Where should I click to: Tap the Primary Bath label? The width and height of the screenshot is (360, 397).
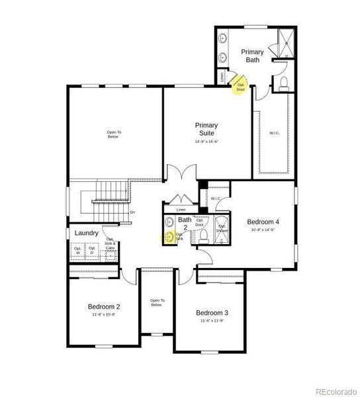(x=251, y=56)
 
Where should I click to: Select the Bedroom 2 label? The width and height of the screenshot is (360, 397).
(x=104, y=306)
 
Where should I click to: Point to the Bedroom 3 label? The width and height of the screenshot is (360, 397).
(x=212, y=312)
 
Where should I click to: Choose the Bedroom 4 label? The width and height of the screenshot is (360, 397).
(x=263, y=222)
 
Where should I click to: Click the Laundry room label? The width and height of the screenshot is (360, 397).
(x=87, y=233)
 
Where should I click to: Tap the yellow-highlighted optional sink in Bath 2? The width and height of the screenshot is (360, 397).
(x=169, y=236)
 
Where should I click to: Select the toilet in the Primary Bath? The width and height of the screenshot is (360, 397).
(x=282, y=83)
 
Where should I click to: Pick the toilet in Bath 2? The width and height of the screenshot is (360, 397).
(x=203, y=234)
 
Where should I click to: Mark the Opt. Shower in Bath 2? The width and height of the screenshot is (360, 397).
(x=222, y=230)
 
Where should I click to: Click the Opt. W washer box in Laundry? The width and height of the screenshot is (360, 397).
(x=78, y=251)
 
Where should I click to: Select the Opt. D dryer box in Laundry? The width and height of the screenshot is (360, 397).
(x=93, y=251)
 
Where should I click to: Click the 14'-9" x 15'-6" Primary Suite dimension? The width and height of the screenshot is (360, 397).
(x=206, y=142)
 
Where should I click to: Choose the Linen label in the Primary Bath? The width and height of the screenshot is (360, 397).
(x=222, y=77)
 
